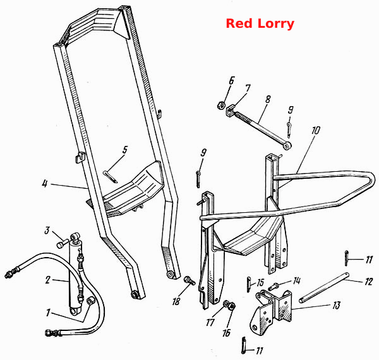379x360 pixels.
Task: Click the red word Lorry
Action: (276, 24)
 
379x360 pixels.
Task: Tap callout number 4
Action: (45, 184)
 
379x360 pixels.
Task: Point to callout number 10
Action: (316, 130)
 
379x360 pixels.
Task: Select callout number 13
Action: (337, 305)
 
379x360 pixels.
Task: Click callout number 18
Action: (176, 301)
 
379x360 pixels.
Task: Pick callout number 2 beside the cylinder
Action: (48, 280)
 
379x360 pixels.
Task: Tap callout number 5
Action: (124, 150)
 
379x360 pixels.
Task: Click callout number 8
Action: (268, 99)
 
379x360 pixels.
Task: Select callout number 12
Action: (369, 282)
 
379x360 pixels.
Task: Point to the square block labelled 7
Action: (231, 110)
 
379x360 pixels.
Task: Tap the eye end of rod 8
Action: (287, 146)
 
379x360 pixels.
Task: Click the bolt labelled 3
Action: (63, 243)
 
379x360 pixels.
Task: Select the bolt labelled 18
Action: (189, 280)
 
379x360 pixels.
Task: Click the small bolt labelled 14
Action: (274, 287)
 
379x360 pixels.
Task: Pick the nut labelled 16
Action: (232, 306)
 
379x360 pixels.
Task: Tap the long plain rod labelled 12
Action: (324, 288)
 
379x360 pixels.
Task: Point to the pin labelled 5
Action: (111, 177)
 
